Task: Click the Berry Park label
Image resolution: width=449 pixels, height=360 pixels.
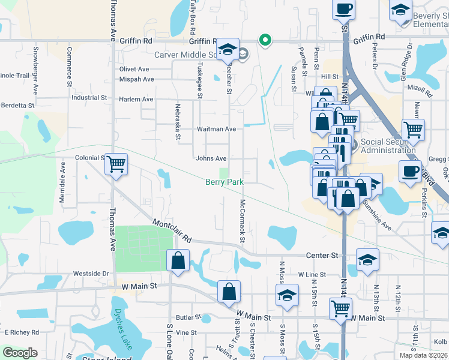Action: [224, 181]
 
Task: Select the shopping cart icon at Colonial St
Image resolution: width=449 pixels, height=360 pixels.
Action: [116, 163]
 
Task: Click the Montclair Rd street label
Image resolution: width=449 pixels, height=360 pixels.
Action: [172, 230]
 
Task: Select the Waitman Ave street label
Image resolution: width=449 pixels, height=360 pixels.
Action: [216, 129]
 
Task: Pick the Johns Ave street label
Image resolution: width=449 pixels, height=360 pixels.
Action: [211, 158]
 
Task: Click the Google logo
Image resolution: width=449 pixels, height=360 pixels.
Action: [20, 353]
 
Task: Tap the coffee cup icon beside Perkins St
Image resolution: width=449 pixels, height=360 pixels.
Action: [410, 171]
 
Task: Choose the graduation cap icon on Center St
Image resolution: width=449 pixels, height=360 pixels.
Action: [367, 259]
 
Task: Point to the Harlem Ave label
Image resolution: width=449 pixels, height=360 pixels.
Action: [136, 99]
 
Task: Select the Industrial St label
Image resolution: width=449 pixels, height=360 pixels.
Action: [89, 97]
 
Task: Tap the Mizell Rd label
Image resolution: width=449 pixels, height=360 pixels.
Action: [420, 90]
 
